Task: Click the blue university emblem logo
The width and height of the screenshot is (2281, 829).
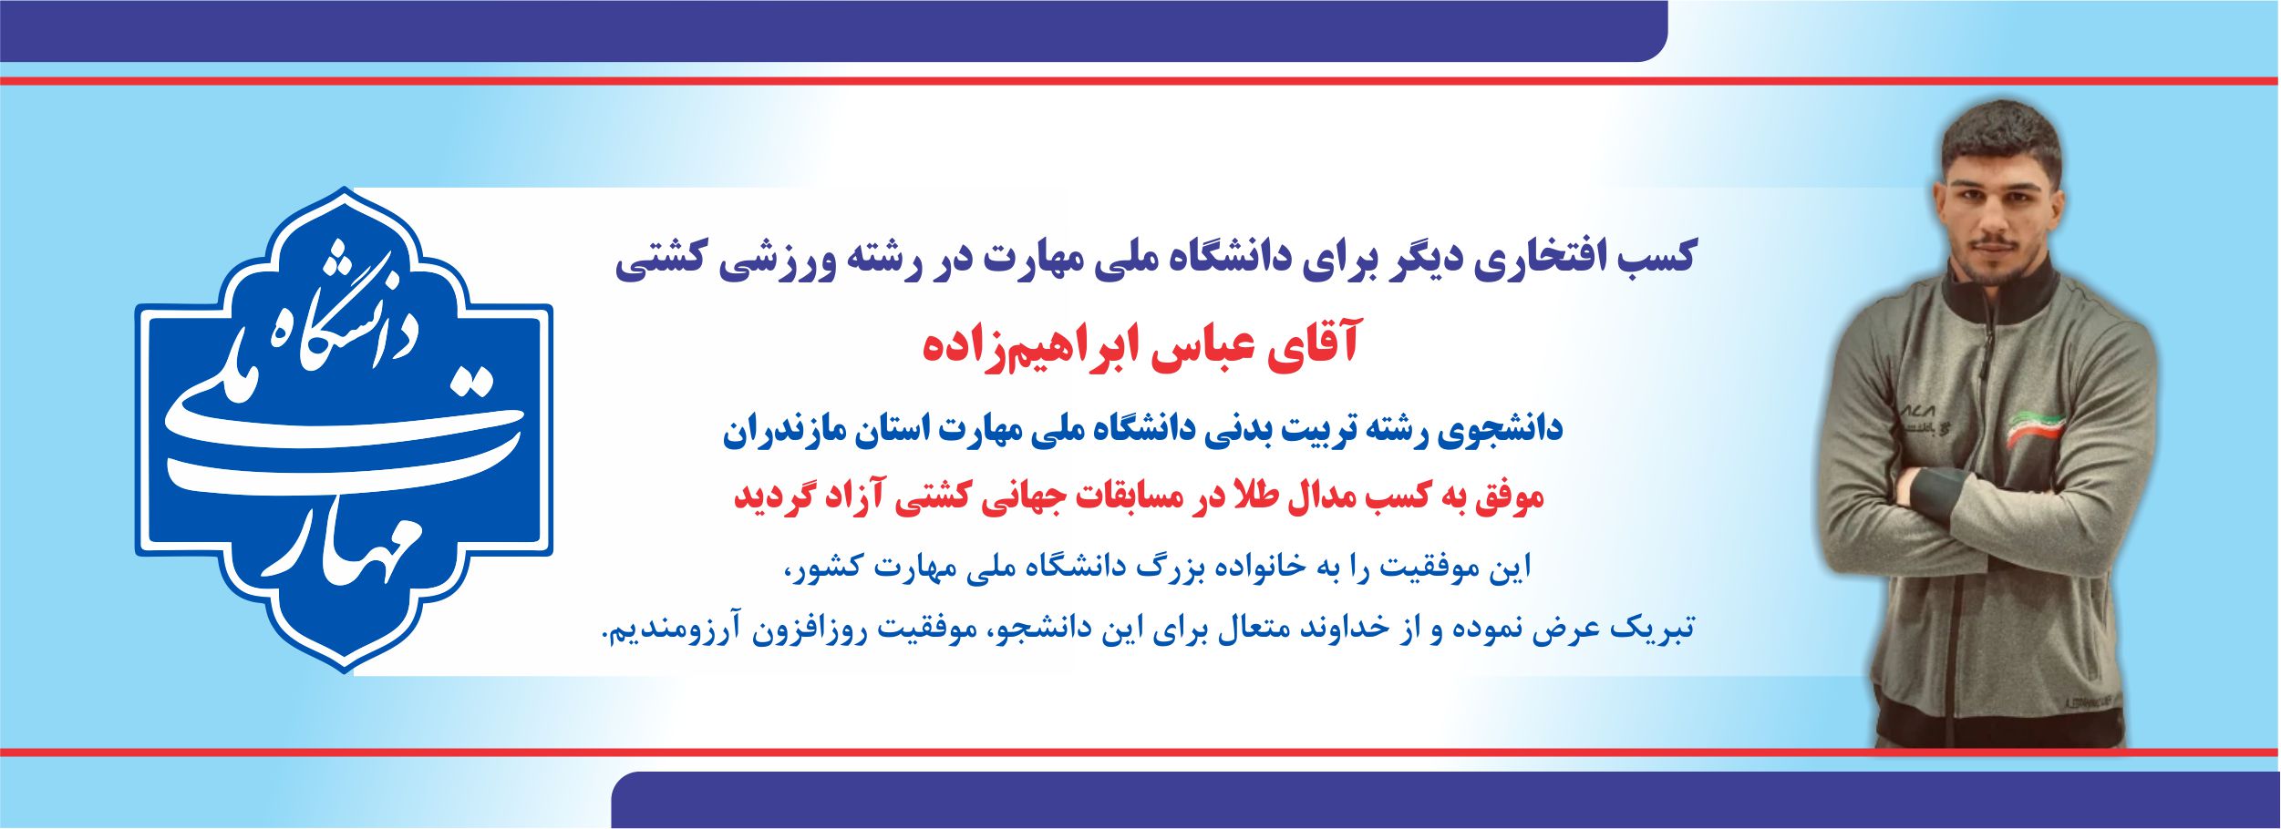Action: (x=344, y=430)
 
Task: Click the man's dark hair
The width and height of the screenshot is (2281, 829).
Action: (x=2000, y=137)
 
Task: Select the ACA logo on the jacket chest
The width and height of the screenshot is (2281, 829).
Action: (x=1917, y=412)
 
